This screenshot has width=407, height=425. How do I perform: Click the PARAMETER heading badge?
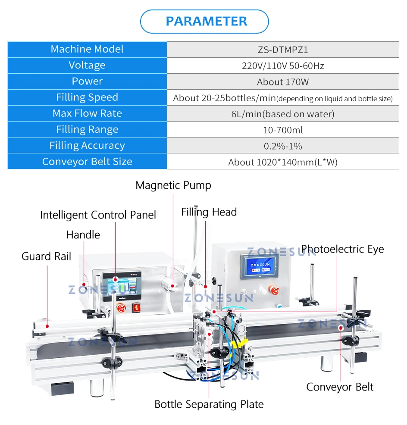click(204, 21)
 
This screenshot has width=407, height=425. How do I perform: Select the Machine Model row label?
click(87, 49)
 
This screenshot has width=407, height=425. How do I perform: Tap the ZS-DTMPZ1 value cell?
click(283, 50)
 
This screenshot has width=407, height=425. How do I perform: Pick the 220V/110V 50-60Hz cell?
click(283, 66)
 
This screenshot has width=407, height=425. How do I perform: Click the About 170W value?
click(283, 81)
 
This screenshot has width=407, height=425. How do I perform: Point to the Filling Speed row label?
click(87, 97)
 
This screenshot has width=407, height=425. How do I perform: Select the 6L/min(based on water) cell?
click(283, 114)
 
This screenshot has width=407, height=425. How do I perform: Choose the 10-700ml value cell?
click(283, 130)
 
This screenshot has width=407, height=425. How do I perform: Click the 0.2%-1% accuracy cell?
click(283, 146)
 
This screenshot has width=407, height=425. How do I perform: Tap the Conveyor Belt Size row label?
click(87, 162)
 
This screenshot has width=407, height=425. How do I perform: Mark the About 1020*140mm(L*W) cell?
click(283, 162)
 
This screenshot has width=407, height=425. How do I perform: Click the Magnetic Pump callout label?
click(173, 186)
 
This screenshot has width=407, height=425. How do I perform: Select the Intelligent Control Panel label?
click(98, 215)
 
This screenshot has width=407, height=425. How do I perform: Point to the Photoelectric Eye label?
click(342, 249)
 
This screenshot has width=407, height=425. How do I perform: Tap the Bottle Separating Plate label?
click(209, 404)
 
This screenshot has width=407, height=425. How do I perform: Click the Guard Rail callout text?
click(47, 256)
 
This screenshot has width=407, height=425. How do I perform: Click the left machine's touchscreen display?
click(116, 287)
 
